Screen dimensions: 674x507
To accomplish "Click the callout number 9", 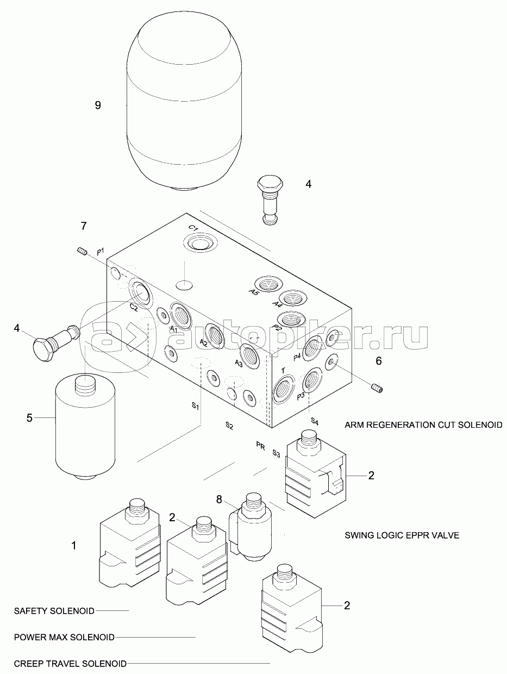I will tap(98, 105).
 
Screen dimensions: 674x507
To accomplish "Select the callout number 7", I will tap(83, 225).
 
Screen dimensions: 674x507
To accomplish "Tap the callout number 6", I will tap(379, 360).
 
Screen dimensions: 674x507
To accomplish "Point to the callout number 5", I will tap(30, 417).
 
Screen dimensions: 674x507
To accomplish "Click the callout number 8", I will tap(219, 499).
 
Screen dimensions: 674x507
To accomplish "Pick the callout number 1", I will tap(74, 545).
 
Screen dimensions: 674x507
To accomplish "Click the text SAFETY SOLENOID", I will tap(54, 610).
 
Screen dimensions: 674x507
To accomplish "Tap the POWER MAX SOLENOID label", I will tap(64, 637).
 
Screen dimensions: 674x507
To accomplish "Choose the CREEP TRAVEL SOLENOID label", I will tap(70, 664).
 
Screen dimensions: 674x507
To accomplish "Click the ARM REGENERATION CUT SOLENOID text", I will tap(423, 425).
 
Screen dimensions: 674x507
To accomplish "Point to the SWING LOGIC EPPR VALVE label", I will tap(402, 535).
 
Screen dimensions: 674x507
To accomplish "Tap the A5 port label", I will tap(254, 292).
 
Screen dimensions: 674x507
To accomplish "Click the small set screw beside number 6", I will tap(377, 388).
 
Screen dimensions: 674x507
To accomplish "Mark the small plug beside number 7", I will tap(82, 251).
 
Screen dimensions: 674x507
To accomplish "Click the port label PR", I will tap(260, 445).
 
